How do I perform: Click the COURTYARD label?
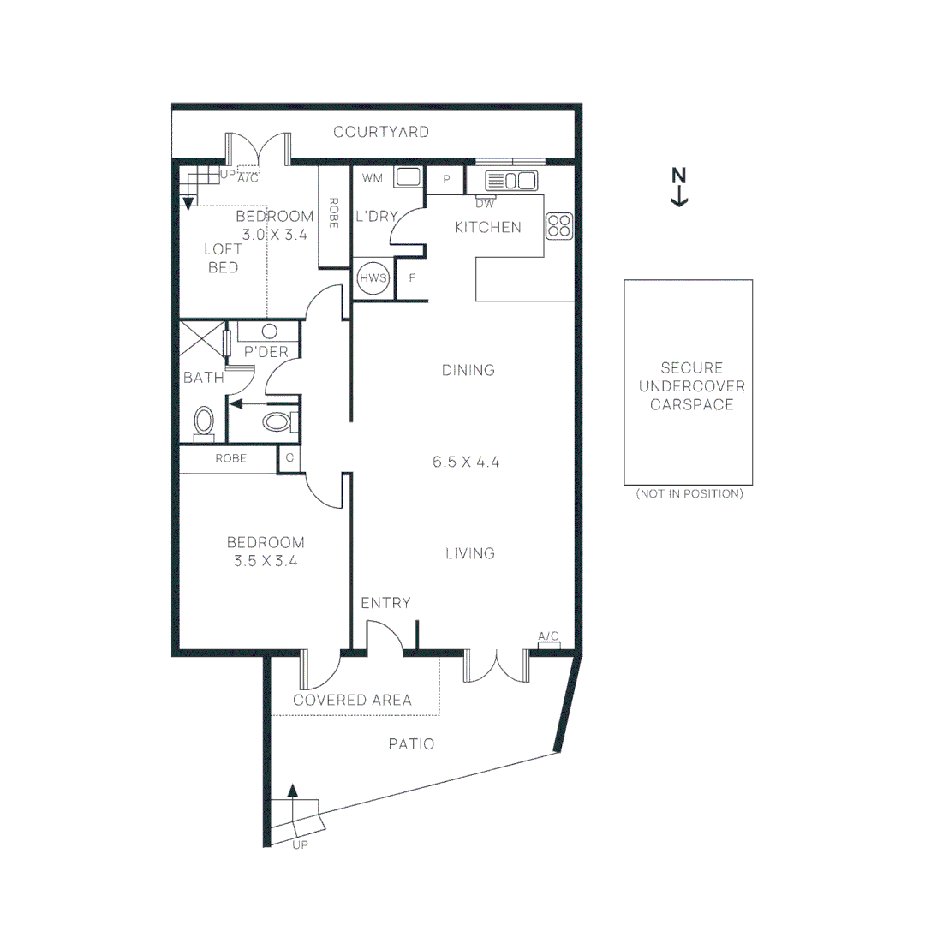point(381,132)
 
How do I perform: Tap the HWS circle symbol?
point(373,278)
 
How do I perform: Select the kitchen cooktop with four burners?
point(558,225)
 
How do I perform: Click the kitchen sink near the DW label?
point(510,181)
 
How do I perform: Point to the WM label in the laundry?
point(372,178)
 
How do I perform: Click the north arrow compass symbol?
point(679,187)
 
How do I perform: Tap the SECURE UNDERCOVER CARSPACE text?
point(691,386)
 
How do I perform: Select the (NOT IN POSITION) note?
point(689,494)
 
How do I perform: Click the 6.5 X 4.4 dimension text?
point(466,462)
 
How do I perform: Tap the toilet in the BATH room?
point(204,421)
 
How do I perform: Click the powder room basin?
point(270,331)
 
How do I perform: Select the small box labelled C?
point(289,458)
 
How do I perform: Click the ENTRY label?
point(385,603)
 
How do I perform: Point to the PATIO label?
point(411,744)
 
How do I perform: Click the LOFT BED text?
point(222,258)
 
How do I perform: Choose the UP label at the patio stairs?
point(300,844)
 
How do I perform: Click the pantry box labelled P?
point(446,179)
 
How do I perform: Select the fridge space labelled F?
point(412,278)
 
